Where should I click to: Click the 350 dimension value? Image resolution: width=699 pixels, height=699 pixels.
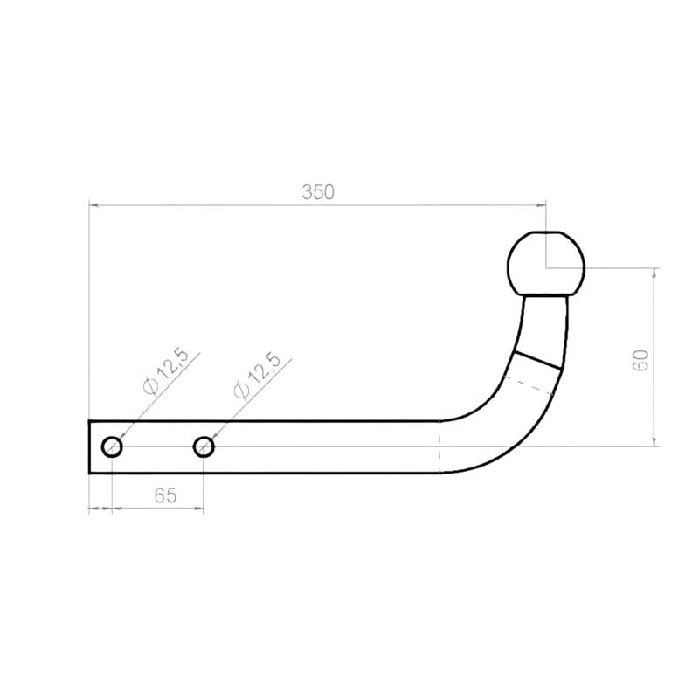(318, 192)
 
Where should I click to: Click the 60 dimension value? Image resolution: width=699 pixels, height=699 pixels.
(640, 360)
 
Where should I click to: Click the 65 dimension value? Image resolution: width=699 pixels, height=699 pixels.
(165, 495)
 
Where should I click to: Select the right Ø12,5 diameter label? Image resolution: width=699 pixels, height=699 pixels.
(256, 375)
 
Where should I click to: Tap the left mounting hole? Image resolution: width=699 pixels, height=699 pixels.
(112, 446)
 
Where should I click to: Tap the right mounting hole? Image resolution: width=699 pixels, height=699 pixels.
(204, 446)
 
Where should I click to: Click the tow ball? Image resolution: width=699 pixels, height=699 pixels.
(546, 264)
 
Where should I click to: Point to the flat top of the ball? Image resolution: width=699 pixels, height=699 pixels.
(546, 232)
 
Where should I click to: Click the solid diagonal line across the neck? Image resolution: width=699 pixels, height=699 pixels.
(537, 360)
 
